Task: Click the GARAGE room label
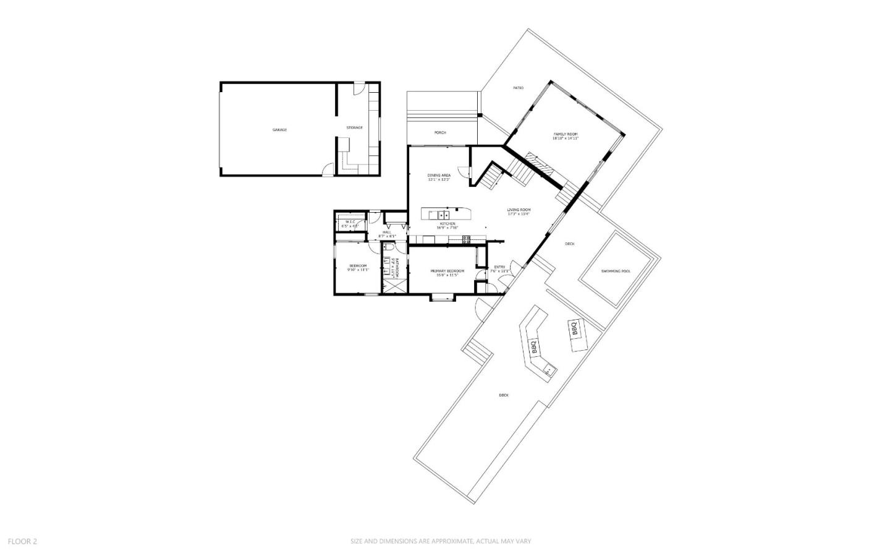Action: tap(279, 130)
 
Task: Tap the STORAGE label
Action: tap(354, 128)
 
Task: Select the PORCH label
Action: tap(440, 133)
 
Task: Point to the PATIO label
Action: tap(518, 88)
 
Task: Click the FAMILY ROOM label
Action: tap(565, 134)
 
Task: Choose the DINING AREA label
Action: tap(439, 176)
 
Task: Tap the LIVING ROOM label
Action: tap(519, 210)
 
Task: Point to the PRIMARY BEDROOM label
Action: tap(447, 272)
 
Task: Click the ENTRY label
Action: tap(499, 267)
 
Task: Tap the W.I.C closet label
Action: tap(350, 222)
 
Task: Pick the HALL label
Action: tap(387, 233)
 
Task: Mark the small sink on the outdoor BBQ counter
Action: tap(548, 370)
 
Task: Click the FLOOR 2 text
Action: tap(22, 541)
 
